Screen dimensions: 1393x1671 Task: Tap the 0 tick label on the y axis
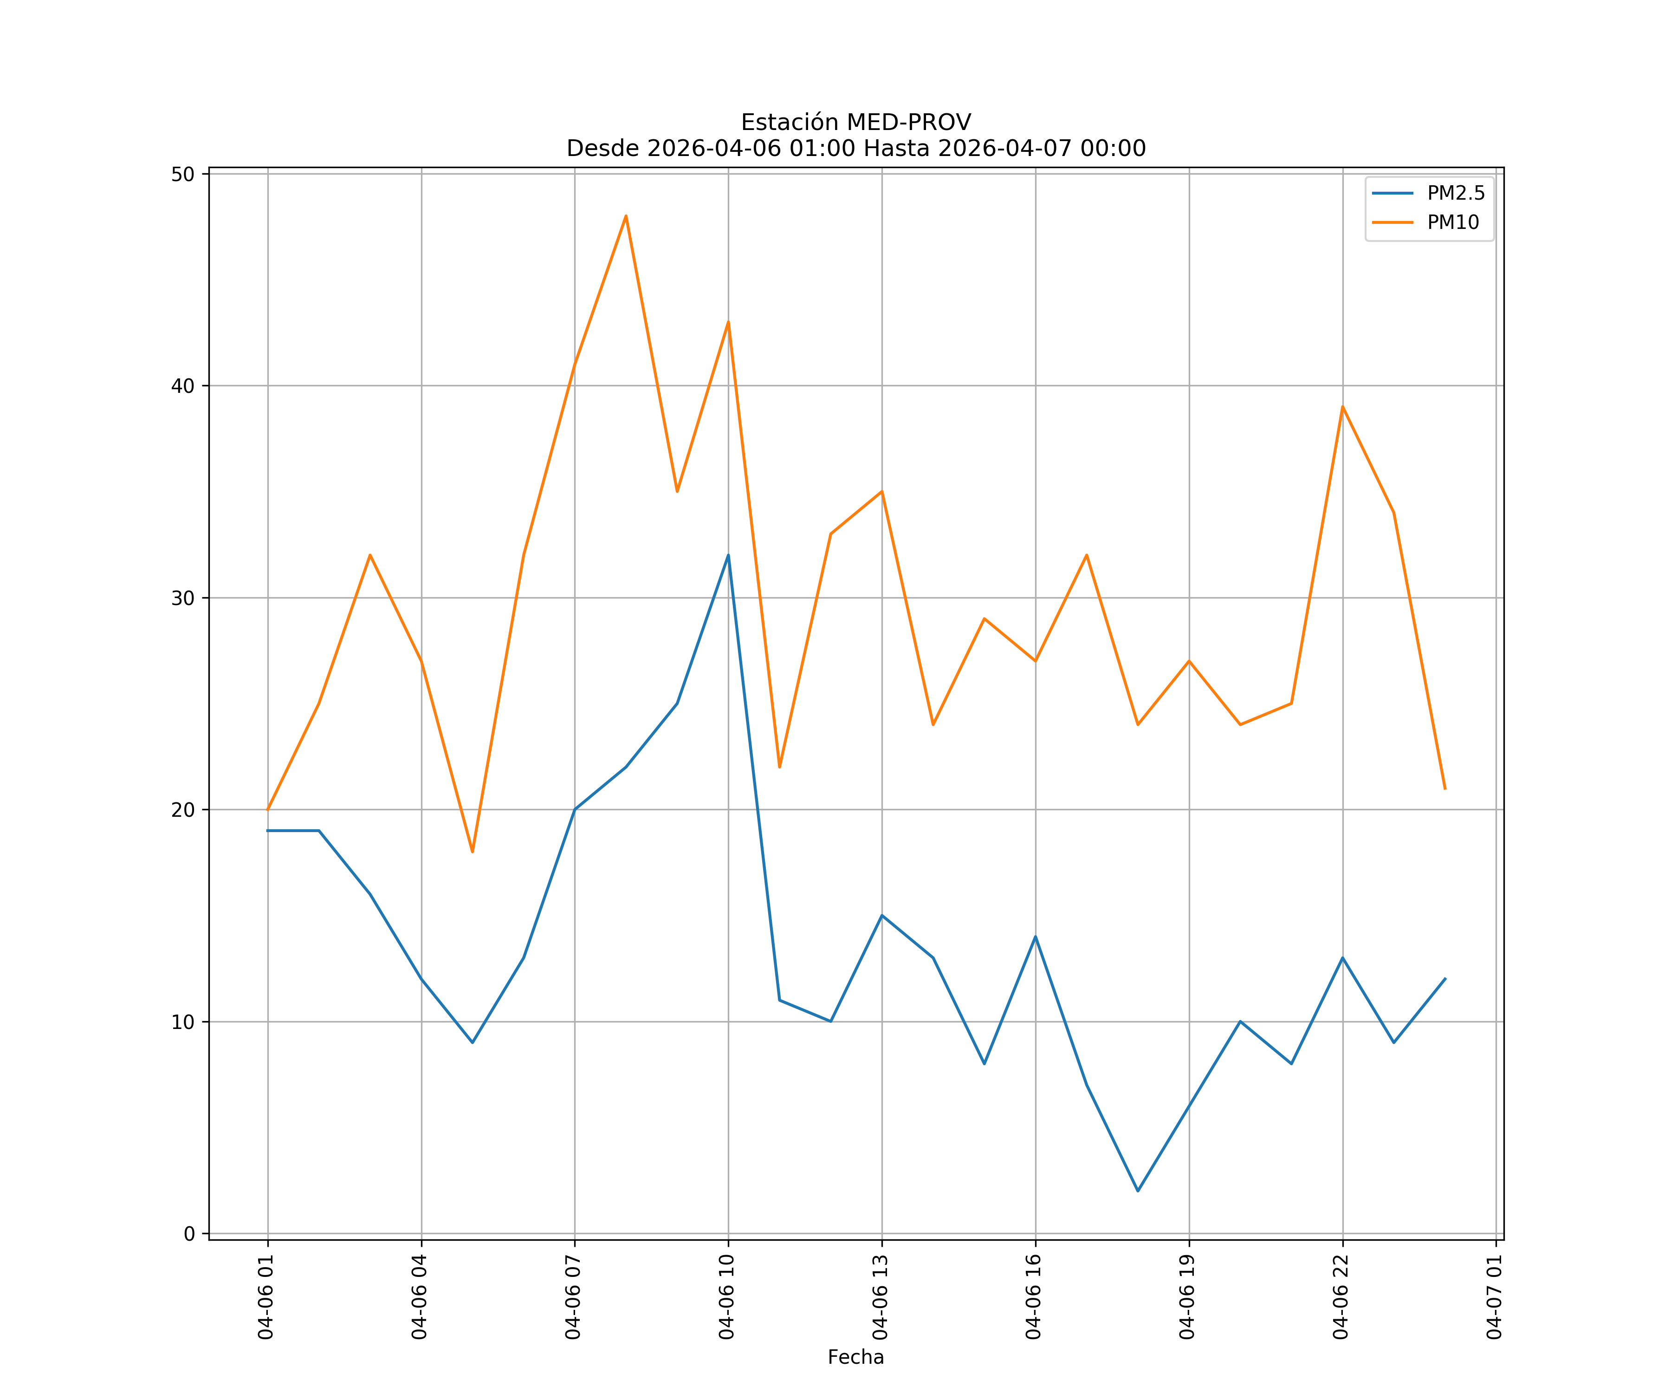189,1234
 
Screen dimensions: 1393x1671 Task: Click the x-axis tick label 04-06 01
266,1297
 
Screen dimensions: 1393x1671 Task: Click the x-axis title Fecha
855,1357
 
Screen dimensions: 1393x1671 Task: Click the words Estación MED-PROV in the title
855,123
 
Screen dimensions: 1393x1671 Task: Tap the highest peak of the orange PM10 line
626,216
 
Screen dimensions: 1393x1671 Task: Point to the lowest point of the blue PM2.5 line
1138,1191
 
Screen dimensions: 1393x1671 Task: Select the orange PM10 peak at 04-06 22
1342,407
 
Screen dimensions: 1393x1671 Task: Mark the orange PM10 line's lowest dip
473,852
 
